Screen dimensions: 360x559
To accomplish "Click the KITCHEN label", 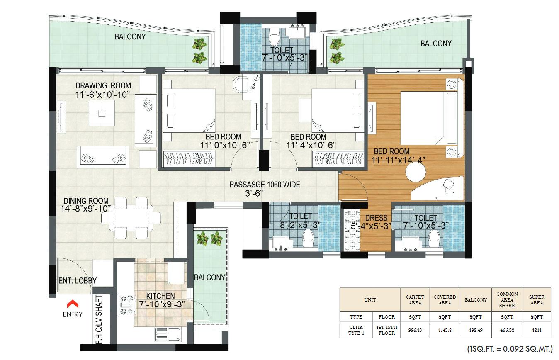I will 160,296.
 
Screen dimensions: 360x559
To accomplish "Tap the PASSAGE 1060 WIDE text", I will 265,185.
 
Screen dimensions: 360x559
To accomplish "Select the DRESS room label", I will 376,218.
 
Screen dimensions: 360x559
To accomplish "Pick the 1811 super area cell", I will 537,330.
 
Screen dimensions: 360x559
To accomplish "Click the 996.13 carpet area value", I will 415,330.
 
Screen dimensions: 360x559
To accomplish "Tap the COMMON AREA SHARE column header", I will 507,299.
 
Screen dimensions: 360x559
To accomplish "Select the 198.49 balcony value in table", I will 476,330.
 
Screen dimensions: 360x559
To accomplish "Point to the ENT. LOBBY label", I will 77,281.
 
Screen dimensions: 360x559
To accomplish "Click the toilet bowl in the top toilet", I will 273,40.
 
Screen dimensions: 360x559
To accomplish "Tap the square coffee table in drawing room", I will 102,112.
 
